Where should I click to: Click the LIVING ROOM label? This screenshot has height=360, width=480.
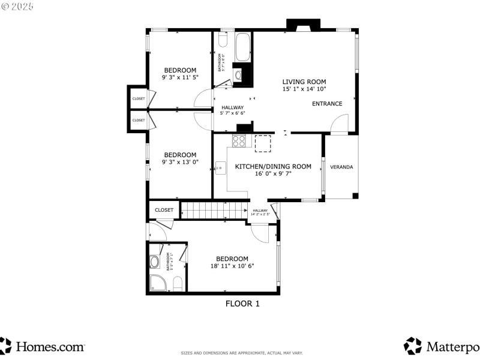[x=304, y=82]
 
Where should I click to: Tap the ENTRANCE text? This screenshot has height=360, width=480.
[x=327, y=104]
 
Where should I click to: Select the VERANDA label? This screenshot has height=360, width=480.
[x=341, y=167]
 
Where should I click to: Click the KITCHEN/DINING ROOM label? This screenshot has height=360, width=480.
[x=273, y=166]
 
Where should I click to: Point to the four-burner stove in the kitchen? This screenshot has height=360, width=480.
[x=239, y=142]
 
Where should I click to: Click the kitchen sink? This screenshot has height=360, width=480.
[x=221, y=168]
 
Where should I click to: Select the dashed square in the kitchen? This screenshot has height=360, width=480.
[x=263, y=143]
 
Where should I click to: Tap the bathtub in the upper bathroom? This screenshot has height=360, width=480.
[x=243, y=47]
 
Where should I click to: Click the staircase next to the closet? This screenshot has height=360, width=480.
[x=214, y=210]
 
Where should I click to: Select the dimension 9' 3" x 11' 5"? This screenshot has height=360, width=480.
[x=180, y=77]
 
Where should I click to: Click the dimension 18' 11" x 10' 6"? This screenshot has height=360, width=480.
[x=232, y=266]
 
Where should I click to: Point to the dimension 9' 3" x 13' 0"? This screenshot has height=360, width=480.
[x=180, y=161]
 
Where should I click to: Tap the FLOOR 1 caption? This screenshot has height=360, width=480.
[x=242, y=304]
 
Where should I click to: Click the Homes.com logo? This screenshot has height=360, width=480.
[x=42, y=346]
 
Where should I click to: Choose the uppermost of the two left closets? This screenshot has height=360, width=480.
[x=138, y=98]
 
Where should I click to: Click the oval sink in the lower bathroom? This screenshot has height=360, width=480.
[x=154, y=262]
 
